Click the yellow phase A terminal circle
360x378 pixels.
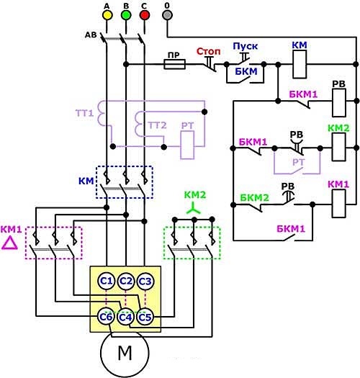107,15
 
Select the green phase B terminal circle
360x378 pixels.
126,15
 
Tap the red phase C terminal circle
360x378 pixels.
145,15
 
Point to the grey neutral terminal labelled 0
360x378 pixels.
167,15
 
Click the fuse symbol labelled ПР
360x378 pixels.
174,64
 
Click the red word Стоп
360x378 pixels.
208,51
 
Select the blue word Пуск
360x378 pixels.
246,46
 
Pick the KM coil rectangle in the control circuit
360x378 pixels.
300,64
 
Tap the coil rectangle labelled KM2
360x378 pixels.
339,147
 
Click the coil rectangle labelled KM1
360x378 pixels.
339,204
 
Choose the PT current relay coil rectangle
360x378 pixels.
187,145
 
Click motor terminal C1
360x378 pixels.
107,281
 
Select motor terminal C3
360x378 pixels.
145,281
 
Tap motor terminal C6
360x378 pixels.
106,317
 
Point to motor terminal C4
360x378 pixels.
125,318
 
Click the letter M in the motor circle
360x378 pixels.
125,353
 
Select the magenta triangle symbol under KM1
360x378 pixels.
9,243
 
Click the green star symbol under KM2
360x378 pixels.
194,209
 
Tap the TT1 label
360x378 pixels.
84,113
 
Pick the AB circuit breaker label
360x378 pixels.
91,35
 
